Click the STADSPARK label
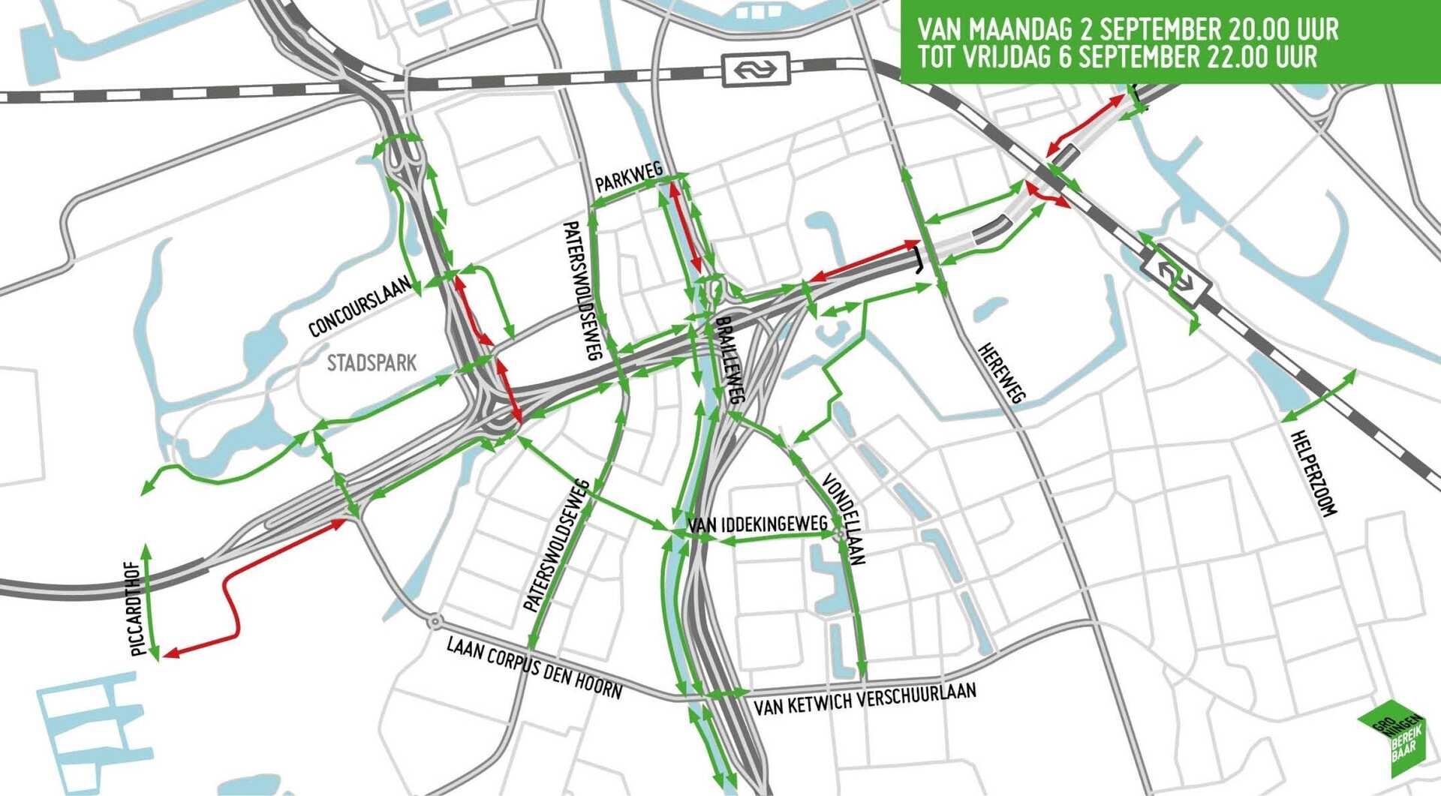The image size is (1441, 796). pos(372,364)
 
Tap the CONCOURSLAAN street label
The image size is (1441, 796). pos(360,306)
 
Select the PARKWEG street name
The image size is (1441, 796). pos(628,178)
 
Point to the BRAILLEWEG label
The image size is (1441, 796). pos(730,360)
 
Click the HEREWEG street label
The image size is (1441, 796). pos(1002,373)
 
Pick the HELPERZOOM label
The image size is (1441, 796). pos(1313,473)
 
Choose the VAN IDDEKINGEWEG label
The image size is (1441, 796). pos(757,524)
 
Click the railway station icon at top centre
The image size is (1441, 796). pos(755,70)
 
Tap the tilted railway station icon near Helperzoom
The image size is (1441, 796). pos(1175,275)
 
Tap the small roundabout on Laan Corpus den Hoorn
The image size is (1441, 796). pos(435,621)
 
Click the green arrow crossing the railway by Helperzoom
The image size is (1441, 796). pos(1318,395)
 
